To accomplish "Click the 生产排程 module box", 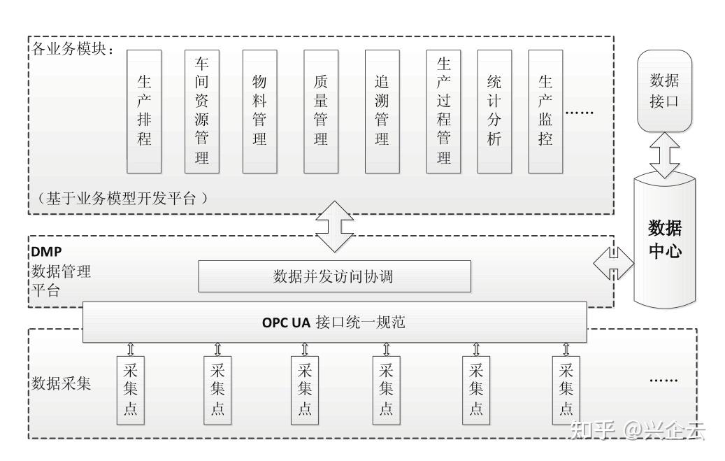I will (x=144, y=111).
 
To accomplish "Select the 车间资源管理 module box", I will (x=202, y=111).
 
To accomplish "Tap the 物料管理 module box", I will (x=259, y=111).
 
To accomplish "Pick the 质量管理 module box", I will (x=321, y=111).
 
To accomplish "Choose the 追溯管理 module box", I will (x=382, y=111).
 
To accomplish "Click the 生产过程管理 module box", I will (x=444, y=111).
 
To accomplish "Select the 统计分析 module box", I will (x=494, y=111).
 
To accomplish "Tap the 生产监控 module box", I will (x=546, y=111).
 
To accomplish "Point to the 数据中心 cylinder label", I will (x=665, y=240).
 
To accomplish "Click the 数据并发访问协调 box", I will (x=334, y=276).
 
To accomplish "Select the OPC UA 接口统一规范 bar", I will (x=334, y=322).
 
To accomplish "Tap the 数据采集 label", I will (x=61, y=384).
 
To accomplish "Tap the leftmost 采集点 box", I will (x=129, y=390).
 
